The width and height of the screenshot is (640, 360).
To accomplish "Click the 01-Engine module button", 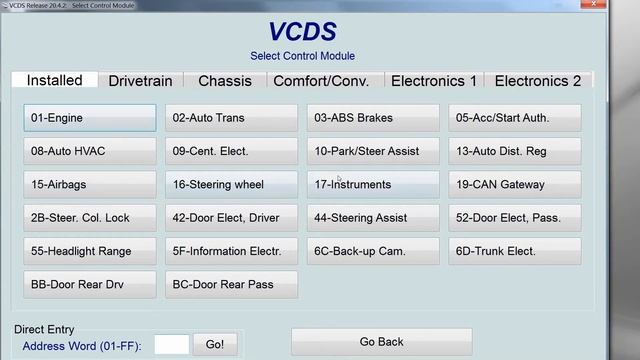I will [x=90, y=118].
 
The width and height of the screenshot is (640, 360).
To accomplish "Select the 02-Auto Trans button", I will [x=231, y=118].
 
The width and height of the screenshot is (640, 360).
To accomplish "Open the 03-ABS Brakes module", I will [x=373, y=118].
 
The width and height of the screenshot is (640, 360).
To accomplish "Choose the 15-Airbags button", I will [x=90, y=185].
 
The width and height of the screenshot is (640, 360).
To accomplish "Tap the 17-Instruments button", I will [x=373, y=185].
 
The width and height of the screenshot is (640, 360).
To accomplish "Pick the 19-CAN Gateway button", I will [x=515, y=185].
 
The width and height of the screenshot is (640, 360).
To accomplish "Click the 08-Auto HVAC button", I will [x=90, y=151].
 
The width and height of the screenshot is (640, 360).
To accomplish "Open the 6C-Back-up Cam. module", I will [x=373, y=251].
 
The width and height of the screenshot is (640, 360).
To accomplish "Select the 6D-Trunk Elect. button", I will [x=515, y=251].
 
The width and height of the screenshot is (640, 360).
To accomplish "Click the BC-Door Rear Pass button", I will [x=231, y=284].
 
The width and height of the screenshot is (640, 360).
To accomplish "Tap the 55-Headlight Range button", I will [x=90, y=251].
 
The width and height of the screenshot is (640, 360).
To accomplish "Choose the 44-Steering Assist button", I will [x=373, y=218].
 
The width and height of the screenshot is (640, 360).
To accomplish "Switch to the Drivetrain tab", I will [x=140, y=81].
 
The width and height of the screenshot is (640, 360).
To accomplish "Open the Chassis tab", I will [x=225, y=81].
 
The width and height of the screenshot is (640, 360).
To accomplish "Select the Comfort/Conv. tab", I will [x=321, y=81].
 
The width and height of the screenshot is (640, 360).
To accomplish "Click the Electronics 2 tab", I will [x=538, y=81].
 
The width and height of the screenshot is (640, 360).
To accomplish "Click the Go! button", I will [x=215, y=344].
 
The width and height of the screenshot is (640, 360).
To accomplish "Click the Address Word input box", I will [x=172, y=345].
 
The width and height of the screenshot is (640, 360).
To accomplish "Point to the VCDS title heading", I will [x=302, y=31].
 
